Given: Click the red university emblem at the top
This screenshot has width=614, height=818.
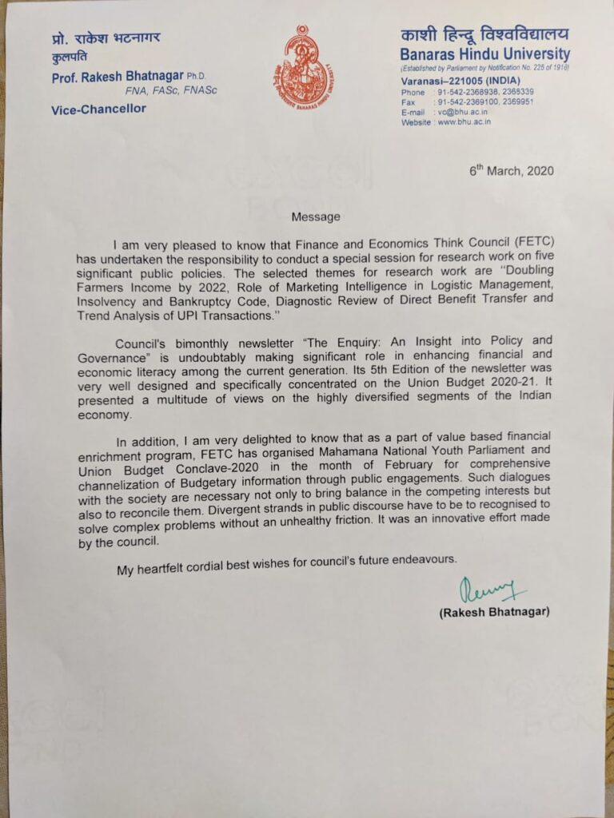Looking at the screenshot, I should click(x=304, y=68).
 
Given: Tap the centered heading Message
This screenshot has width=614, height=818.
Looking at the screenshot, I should click(x=316, y=216).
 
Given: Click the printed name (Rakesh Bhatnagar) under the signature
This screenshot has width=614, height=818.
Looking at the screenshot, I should click(x=494, y=613).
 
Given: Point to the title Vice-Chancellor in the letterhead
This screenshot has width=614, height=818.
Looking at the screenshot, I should click(x=99, y=109).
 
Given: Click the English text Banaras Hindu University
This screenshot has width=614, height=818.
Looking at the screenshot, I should click(x=485, y=55).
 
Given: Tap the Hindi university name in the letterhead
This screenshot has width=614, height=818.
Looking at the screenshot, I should click(x=485, y=34).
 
